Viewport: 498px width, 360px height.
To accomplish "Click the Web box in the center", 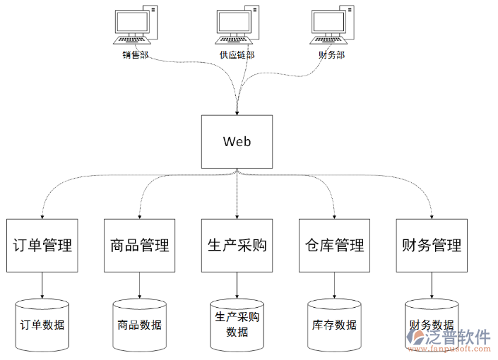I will pyautogui.click(x=237, y=141).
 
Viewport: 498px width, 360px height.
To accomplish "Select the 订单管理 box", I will pyautogui.click(x=42, y=245).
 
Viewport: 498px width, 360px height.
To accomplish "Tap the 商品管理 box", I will pyautogui.click(x=139, y=245).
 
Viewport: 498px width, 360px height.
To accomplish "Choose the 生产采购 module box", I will pyautogui.click(x=237, y=245).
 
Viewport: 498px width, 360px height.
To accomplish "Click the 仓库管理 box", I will pyautogui.click(x=334, y=245).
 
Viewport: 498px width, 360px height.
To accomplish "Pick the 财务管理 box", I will pyautogui.click(x=431, y=245).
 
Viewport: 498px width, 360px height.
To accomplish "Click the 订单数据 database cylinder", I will pyautogui.click(x=42, y=325).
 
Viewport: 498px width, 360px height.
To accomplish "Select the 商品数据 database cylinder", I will pyautogui.click(x=139, y=325).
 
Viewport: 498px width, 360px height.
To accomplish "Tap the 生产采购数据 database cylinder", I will pyautogui.click(x=237, y=325).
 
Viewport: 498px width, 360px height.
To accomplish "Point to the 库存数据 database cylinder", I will pyautogui.click(x=334, y=325).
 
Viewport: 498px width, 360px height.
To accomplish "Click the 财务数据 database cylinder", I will pyautogui.click(x=431, y=325).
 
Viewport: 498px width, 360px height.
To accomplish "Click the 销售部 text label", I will pyautogui.click(x=135, y=54).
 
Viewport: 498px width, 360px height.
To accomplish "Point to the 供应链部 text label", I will pyautogui.click(x=236, y=54).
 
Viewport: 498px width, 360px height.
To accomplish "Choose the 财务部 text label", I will pyautogui.click(x=332, y=54).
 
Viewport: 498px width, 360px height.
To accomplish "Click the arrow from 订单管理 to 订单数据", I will pyautogui.click(x=42, y=285).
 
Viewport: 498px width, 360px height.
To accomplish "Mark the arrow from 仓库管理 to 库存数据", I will pyautogui.click(x=334, y=285).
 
